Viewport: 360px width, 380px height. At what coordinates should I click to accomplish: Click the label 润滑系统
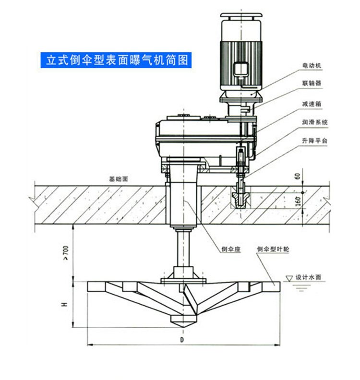[314, 122]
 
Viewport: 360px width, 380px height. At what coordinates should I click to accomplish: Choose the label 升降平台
[314, 141]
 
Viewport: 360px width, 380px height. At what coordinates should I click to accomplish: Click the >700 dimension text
[66, 253]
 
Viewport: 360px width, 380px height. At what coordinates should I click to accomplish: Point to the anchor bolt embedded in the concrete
[240, 196]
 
